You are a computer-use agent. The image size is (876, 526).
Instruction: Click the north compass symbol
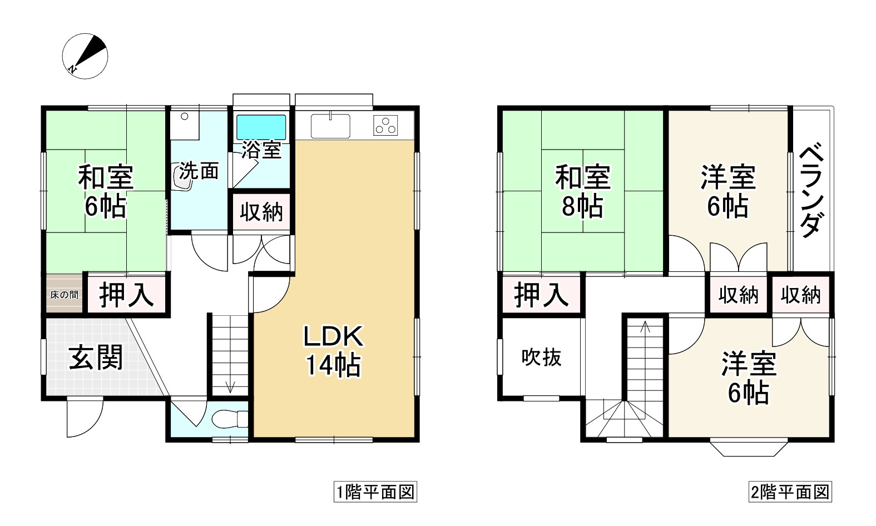pyautogui.click(x=85, y=56)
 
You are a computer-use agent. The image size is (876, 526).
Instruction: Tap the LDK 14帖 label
pyautogui.click(x=333, y=351)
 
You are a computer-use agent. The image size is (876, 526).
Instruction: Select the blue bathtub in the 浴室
pyautogui.click(x=261, y=127)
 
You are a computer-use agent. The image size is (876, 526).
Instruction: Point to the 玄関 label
pyautogui.click(x=96, y=358)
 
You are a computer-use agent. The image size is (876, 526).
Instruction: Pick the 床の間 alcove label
pyautogui.click(x=64, y=295)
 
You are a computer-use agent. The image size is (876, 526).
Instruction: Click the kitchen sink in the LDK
pyautogui.click(x=330, y=126)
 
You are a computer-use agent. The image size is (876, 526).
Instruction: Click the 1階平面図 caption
pyautogui.click(x=375, y=492)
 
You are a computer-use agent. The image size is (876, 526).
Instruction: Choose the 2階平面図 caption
pyautogui.click(x=790, y=492)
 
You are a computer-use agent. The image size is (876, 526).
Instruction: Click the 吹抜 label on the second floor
pyautogui.click(x=541, y=358)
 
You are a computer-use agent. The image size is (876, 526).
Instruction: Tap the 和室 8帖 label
pyautogui.click(x=582, y=191)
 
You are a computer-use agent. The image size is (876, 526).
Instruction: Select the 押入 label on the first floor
pyautogui.click(x=126, y=295)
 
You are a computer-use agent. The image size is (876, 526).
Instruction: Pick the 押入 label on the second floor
pyautogui.click(x=541, y=295)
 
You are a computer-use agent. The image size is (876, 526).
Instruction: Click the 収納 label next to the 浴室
pyautogui.click(x=261, y=212)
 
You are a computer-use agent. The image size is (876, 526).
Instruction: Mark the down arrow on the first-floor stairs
pyautogui.click(x=231, y=385)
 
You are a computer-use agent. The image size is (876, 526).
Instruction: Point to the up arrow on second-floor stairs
pyautogui.click(x=645, y=326)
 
